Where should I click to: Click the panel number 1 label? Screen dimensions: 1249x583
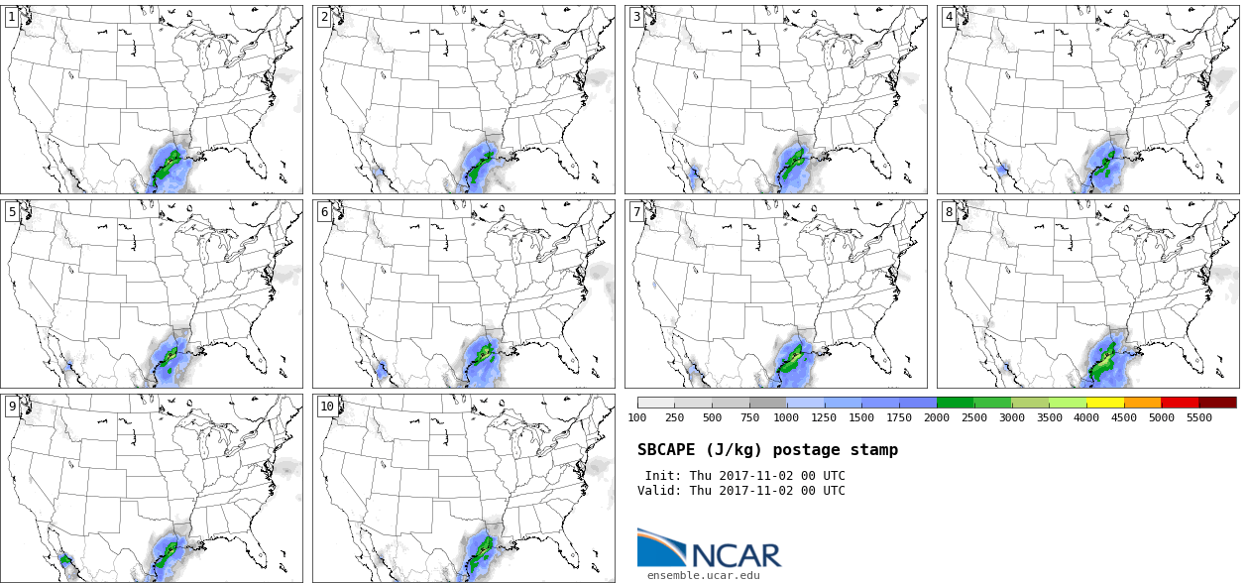coord(12,17)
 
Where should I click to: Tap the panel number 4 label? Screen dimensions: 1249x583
coord(949,17)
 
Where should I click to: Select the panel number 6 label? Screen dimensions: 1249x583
coord(324,211)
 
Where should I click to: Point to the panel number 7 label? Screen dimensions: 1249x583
coord(636,211)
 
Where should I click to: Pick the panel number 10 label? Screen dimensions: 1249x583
coord(327,406)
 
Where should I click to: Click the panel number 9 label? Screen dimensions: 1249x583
coord(12,406)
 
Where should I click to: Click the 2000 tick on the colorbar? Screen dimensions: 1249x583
coord(936,417)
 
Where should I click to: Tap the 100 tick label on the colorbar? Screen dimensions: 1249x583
coord(637,417)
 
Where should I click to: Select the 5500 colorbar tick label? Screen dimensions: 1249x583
coord(1198,417)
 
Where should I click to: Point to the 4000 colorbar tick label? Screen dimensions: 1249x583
coord(1086,417)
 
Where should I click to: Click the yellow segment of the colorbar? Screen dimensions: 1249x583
coord(1105,403)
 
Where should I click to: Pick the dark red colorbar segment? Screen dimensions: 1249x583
coord(1217,403)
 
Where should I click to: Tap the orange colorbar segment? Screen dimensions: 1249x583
coord(1143,403)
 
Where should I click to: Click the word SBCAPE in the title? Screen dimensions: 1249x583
coord(666,450)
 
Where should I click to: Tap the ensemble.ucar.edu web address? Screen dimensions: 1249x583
coord(703,575)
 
